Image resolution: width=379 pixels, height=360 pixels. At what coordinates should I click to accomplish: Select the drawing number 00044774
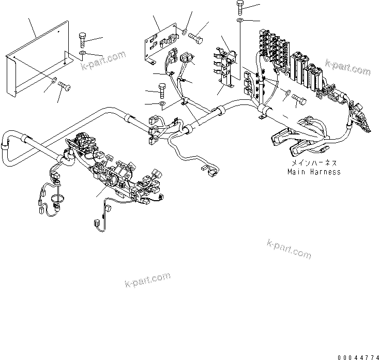(358, 356)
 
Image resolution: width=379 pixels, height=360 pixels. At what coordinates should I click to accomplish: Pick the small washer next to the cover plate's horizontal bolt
(54, 79)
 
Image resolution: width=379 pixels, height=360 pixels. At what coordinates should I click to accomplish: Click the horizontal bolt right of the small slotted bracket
(195, 37)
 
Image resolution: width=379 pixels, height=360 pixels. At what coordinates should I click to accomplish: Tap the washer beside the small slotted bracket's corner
(184, 32)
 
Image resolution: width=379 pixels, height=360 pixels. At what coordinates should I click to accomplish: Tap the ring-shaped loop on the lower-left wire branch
(58, 198)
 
